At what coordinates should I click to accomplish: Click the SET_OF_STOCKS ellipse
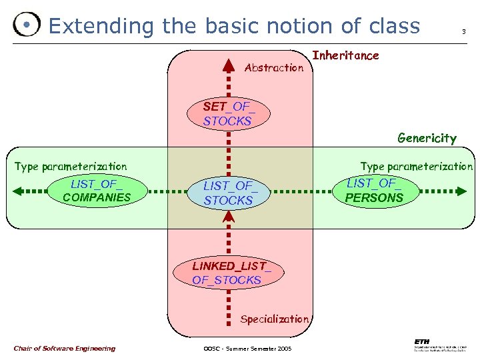click(x=228, y=113)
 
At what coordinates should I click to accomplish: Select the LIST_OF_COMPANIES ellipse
click(x=97, y=190)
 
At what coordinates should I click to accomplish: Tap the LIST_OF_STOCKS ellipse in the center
click(x=229, y=193)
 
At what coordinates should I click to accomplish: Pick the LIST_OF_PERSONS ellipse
click(x=375, y=190)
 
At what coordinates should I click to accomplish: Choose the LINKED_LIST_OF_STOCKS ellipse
click(x=227, y=273)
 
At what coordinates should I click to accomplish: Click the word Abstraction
click(x=274, y=67)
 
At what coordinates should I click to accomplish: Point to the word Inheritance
click(x=345, y=56)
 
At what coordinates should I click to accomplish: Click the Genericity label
click(x=427, y=139)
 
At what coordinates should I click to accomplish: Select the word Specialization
click(x=274, y=319)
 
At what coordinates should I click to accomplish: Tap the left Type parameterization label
click(x=71, y=166)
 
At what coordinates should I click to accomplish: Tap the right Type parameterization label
click(x=416, y=166)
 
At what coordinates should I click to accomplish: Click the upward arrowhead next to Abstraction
click(x=229, y=65)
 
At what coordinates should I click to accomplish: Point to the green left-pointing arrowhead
click(x=18, y=191)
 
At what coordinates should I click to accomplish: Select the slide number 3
click(x=463, y=32)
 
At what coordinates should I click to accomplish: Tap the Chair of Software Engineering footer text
click(x=64, y=348)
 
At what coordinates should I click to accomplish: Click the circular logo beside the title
click(x=26, y=25)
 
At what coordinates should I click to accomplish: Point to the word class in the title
click(x=394, y=26)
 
